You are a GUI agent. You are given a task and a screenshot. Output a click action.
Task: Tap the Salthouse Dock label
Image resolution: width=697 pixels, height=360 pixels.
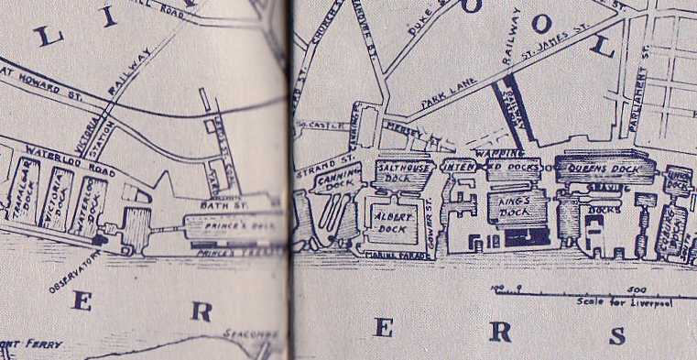pos(404,173)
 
